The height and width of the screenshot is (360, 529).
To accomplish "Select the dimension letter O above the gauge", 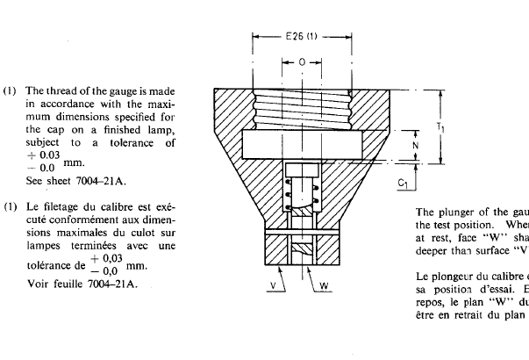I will [x=302, y=62].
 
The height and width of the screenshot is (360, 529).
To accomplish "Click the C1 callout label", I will [x=403, y=184].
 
